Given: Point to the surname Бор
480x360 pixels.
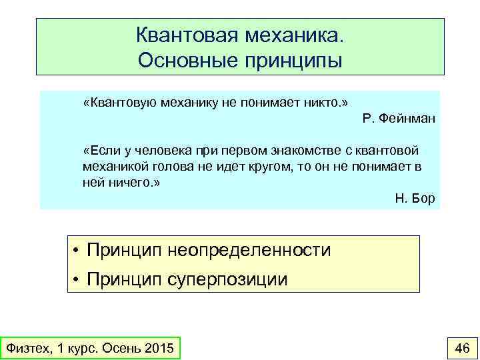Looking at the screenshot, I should coord(424,199).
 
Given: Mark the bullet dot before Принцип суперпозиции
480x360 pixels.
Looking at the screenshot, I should coord(77,279).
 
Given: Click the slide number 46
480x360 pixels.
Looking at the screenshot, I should coord(461,347).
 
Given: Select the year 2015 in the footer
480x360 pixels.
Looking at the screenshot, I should coord(159,348).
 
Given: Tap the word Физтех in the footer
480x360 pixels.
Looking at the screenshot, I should coord(27,348).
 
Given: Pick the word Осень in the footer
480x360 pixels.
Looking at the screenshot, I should coord(120,348).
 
